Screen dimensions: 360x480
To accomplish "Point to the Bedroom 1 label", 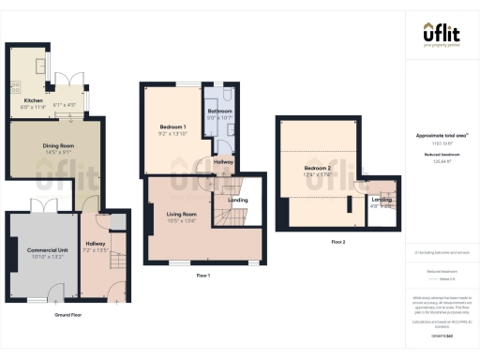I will pyautogui.click(x=172, y=127).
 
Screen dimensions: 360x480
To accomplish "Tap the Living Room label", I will pyautogui.click(x=181, y=216).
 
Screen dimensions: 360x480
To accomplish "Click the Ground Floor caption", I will pyautogui.click(x=68, y=315).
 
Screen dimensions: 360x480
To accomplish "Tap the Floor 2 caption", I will pyautogui.click(x=337, y=242).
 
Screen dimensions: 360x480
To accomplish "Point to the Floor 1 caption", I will pyautogui.click(x=202, y=276).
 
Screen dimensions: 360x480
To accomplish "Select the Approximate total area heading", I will pyautogui.click(x=442, y=136).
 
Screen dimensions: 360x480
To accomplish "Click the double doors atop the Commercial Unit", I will pyautogui.click(x=43, y=207).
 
